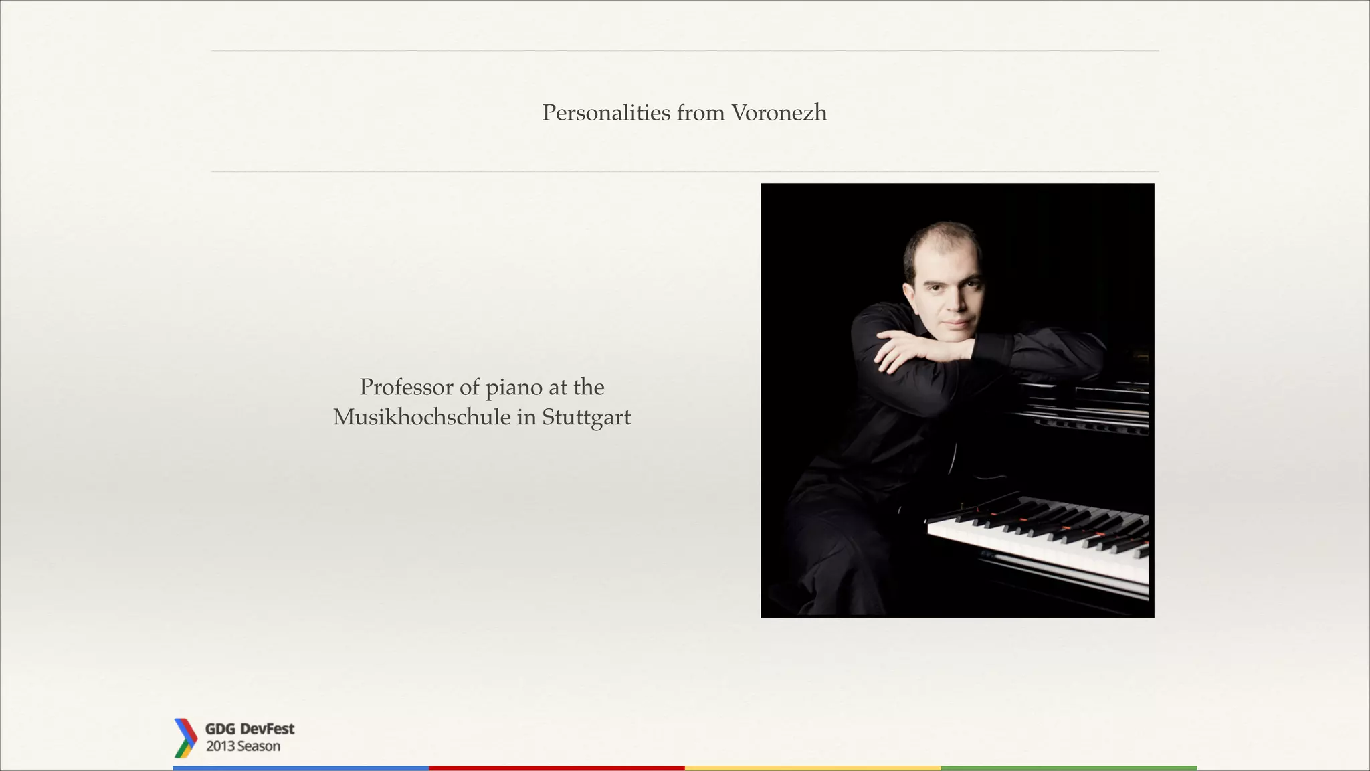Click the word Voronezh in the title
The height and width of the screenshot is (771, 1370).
(779, 113)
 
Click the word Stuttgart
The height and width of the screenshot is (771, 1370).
(586, 418)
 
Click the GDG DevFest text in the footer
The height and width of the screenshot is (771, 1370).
(250, 729)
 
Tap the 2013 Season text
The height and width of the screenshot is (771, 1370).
(243, 746)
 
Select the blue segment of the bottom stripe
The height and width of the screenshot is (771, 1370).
(300, 768)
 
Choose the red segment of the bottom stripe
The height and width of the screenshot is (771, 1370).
(557, 768)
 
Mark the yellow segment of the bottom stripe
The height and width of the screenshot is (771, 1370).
(813, 768)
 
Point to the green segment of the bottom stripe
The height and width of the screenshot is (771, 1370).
(1068, 768)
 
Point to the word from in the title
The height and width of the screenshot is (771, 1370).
(700, 113)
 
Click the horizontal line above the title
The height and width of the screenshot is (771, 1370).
(685, 50)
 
